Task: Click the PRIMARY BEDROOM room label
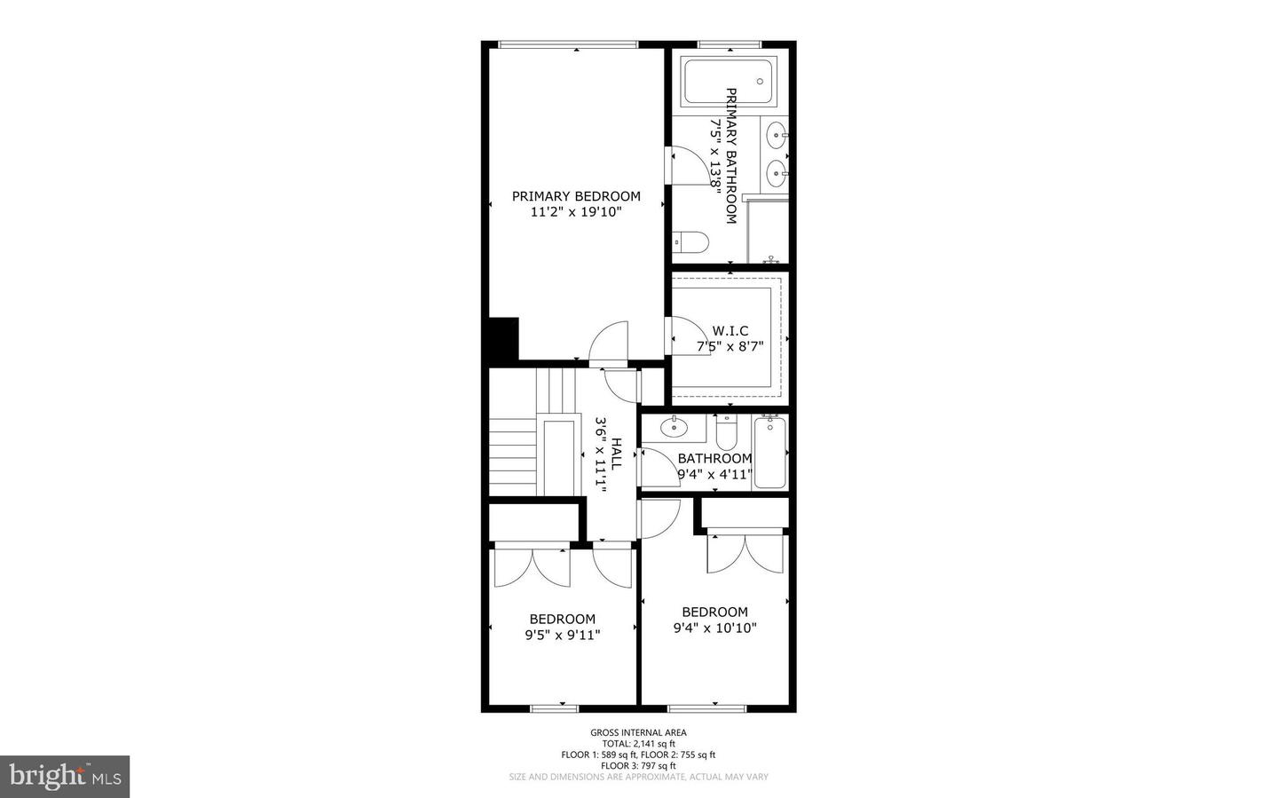coord(575,196)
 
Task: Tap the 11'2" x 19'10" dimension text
coord(575,212)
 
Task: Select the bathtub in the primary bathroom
coord(729,81)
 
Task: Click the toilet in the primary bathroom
coord(690,241)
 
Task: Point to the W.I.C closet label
coord(730,331)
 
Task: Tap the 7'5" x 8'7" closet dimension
coord(730,347)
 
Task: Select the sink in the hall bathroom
coord(674,429)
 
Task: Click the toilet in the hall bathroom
coord(727,432)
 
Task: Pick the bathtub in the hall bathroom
coord(769,453)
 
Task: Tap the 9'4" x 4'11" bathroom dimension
coord(714,474)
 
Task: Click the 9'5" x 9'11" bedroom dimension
coord(563,635)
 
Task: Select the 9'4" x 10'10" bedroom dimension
coord(714,628)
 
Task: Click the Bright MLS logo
coord(65,777)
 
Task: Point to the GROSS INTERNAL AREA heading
coord(638,732)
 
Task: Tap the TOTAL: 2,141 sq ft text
coord(638,744)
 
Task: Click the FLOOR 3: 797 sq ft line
coord(638,765)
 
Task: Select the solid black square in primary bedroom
coord(503,339)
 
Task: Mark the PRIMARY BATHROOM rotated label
coord(731,155)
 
